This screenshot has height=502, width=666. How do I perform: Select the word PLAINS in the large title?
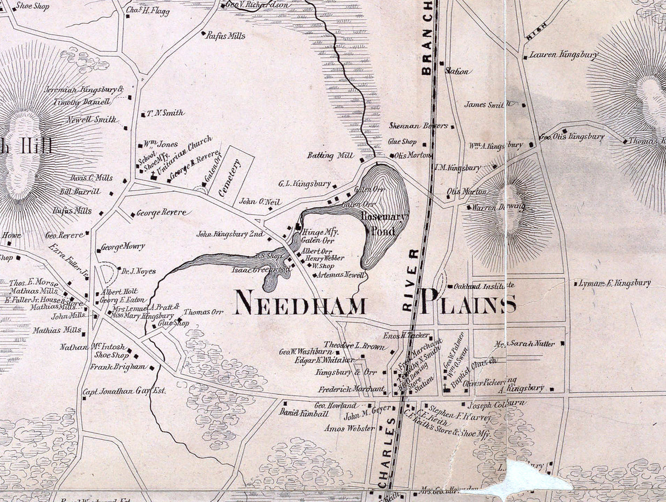pos(469,303)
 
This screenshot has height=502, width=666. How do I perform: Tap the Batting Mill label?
pos(330,155)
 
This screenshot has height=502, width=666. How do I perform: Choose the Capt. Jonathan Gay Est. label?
pos(124,391)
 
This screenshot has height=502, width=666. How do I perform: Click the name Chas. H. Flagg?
pos(148,12)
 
